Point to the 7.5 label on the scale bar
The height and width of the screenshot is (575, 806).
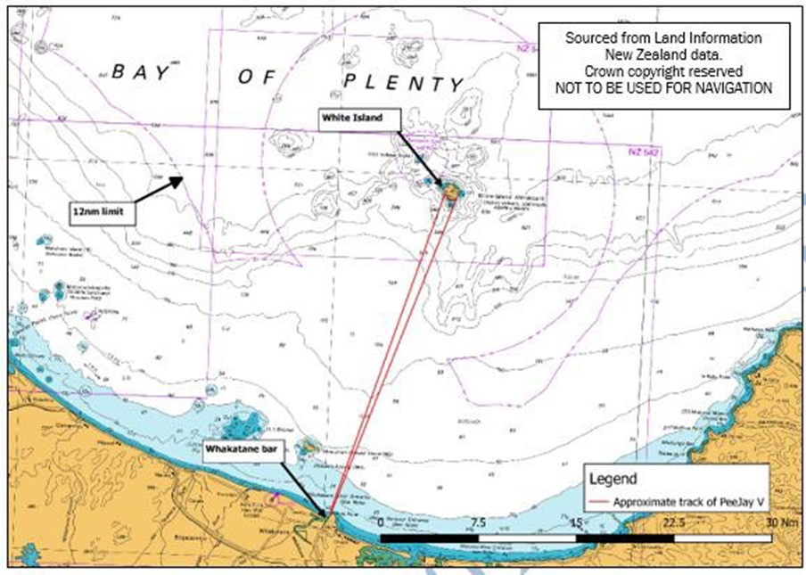point(479,522)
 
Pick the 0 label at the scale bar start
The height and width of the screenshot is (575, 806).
point(382,522)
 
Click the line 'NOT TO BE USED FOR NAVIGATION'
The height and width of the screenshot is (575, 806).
point(664,87)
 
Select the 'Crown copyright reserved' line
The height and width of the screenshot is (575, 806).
point(664,70)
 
